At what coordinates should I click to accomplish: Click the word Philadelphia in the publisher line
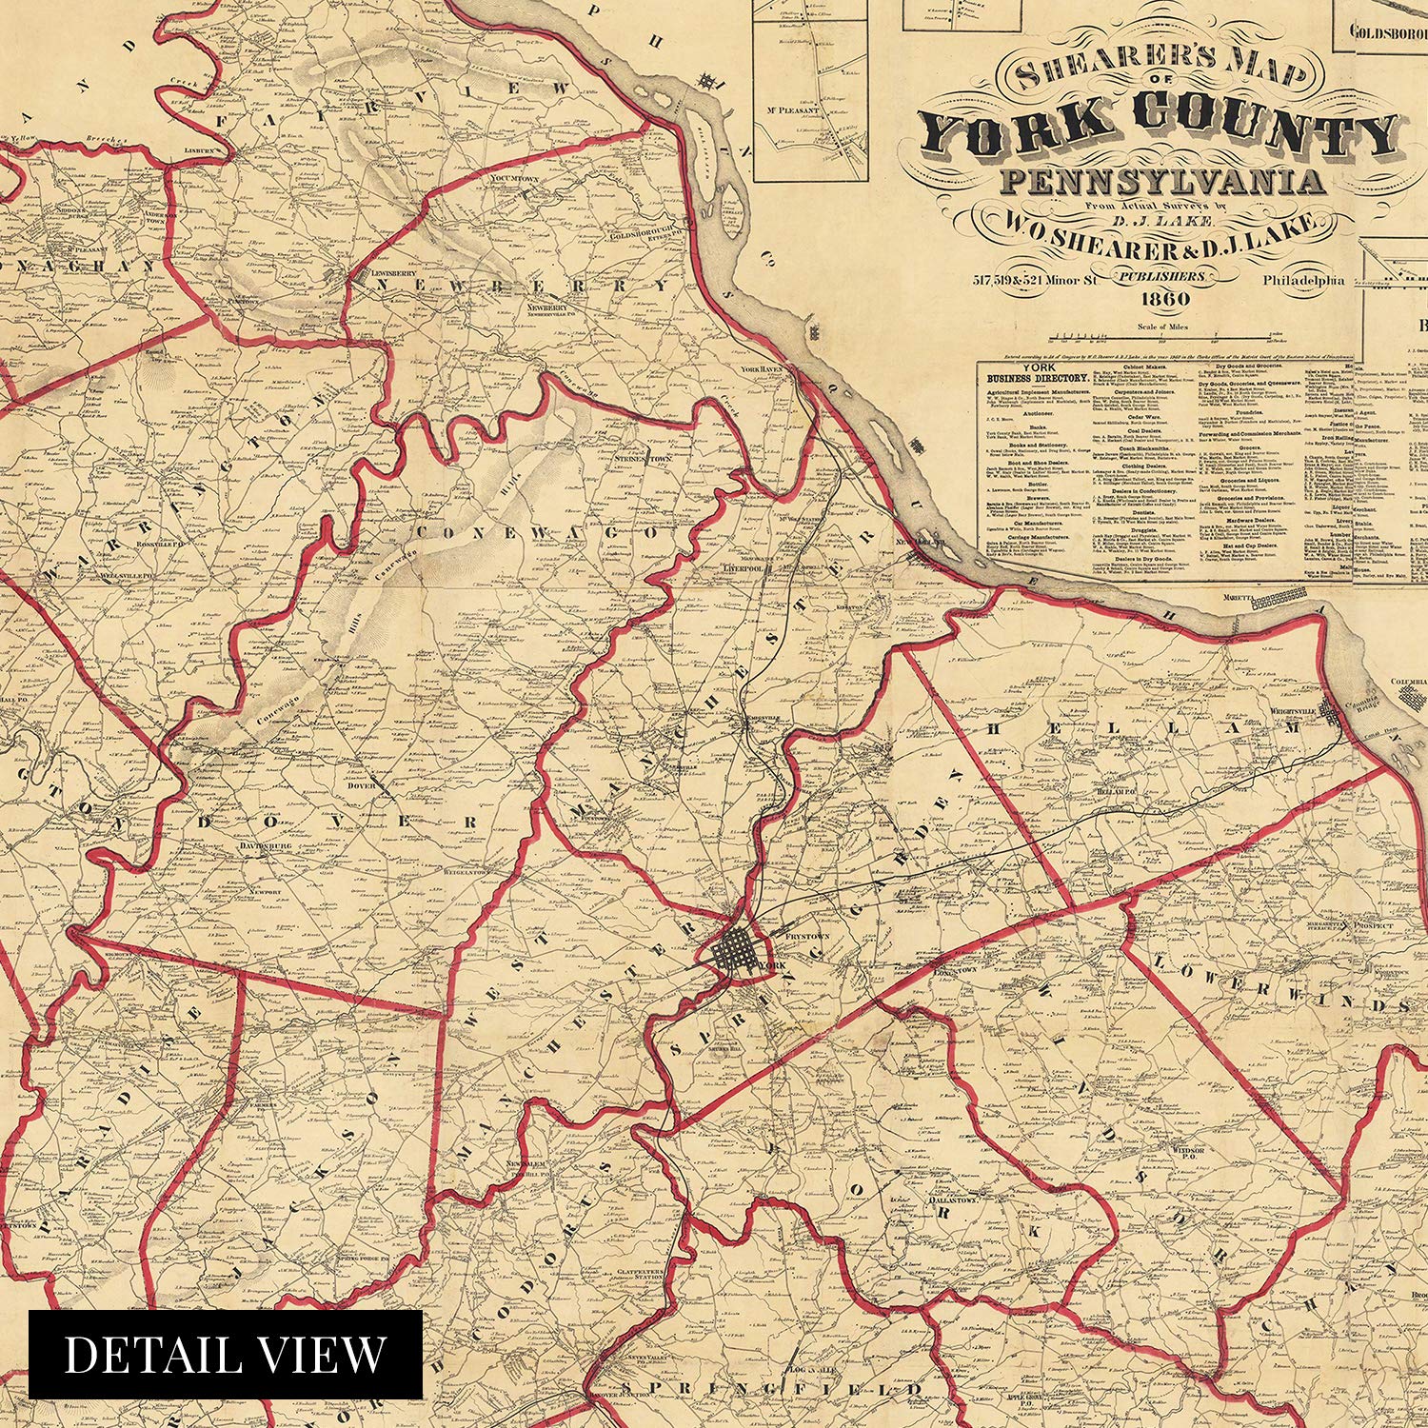[x=1303, y=280]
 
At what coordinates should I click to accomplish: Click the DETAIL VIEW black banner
[x=225, y=1354]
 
